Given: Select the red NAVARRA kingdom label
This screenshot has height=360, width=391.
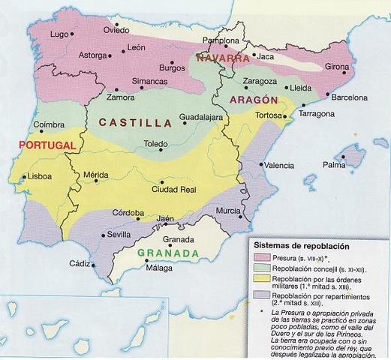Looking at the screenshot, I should pyautogui.click(x=222, y=58).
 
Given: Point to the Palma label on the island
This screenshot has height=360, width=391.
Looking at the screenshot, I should pyautogui.click(x=333, y=164).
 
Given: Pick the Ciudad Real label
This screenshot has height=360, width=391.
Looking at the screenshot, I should pyautogui.click(x=175, y=190).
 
